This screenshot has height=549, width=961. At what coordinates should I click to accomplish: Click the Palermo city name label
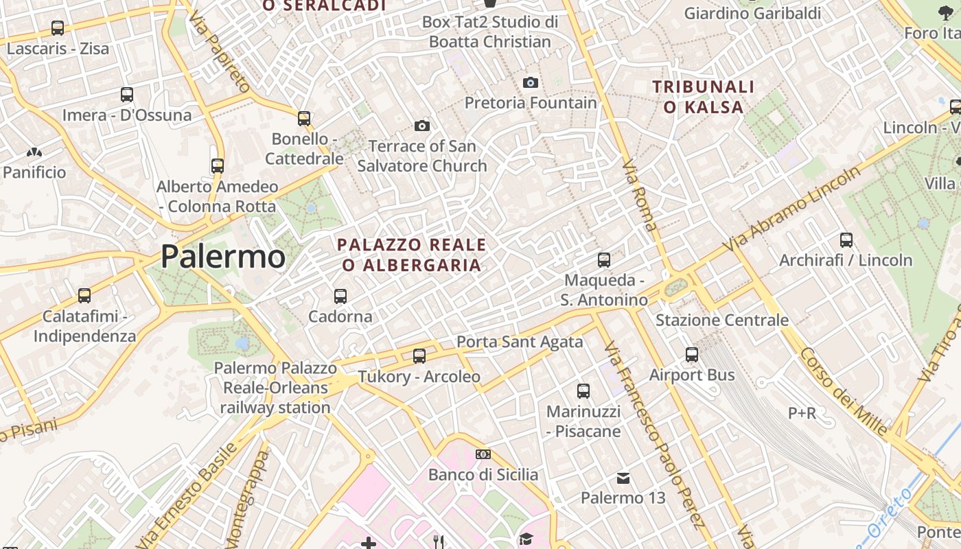tap(222, 257)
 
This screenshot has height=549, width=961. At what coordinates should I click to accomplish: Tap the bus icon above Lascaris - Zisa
tap(58, 29)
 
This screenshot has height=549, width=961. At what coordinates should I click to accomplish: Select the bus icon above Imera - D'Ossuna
tap(127, 95)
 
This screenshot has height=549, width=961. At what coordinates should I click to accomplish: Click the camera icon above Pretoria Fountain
tap(531, 83)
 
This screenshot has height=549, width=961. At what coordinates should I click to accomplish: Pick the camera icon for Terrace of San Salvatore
tap(422, 126)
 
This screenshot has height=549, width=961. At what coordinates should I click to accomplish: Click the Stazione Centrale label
tap(721, 320)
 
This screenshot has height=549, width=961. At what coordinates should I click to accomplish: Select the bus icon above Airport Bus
tap(692, 355)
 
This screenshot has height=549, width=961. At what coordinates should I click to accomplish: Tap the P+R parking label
tap(802, 413)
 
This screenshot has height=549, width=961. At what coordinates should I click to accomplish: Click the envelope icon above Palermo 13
tap(623, 478)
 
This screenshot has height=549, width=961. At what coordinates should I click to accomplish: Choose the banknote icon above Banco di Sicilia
tap(483, 454)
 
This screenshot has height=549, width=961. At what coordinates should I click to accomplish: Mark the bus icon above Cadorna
tap(340, 296)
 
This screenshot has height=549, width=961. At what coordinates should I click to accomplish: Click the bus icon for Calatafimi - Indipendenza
tap(84, 296)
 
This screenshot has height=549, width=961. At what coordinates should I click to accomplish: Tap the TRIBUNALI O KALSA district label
tap(703, 97)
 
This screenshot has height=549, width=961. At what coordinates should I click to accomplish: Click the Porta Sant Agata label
tap(520, 342)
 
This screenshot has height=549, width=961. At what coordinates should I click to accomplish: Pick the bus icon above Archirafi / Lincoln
tap(846, 240)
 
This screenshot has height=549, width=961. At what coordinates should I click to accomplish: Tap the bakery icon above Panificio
tap(34, 152)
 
